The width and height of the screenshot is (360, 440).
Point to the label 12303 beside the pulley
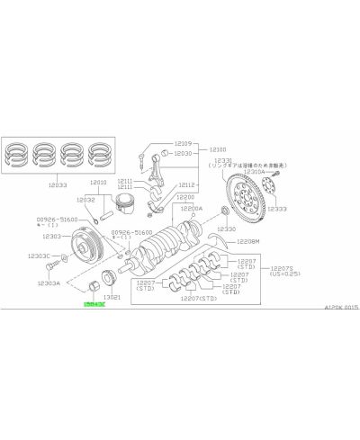[x=51, y=236]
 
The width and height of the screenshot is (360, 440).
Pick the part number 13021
[x=113, y=296]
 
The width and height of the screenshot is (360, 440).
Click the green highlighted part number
[x=93, y=306]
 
